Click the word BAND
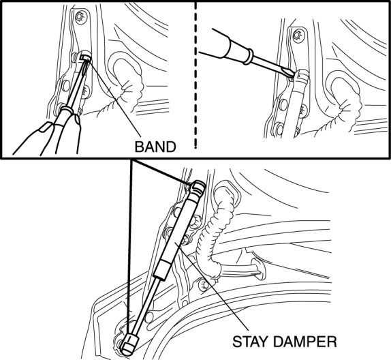155,147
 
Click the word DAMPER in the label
304,342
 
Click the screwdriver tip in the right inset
292,75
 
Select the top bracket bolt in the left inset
80,16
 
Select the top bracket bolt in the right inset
297,35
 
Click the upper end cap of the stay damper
198,187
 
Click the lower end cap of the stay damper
129,345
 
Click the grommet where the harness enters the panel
258,269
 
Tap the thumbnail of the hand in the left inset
45,127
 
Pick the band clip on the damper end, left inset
84,58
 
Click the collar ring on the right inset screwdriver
248,56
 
